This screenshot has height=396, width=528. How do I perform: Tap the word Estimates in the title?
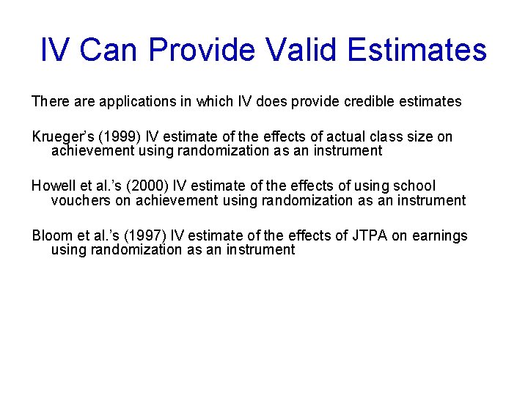pos(417,50)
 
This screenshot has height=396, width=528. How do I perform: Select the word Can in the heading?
pos(109,50)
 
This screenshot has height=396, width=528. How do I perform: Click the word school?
pos(414,186)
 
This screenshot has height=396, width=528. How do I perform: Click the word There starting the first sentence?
pos(49,102)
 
